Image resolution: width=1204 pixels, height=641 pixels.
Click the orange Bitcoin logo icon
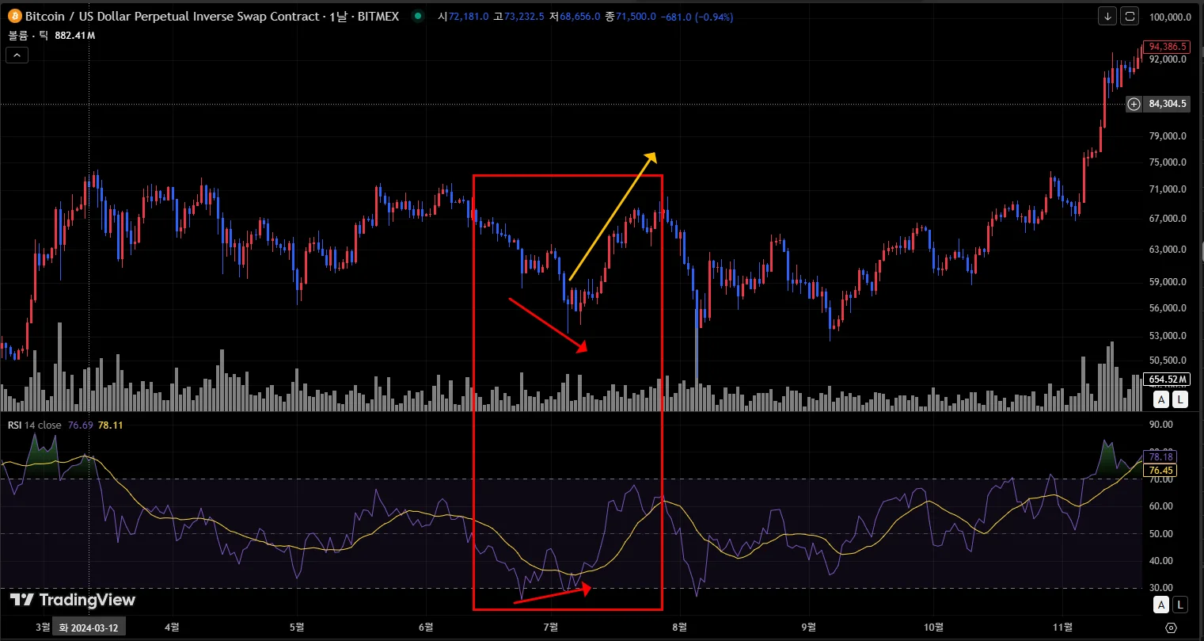14,16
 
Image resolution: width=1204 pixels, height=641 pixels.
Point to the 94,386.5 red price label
1166,47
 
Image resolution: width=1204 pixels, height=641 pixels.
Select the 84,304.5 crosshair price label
1168,104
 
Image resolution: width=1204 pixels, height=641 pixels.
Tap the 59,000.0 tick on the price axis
1167,281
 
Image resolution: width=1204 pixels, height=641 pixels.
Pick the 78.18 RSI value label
1160,457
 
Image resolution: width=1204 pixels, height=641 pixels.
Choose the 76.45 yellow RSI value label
1160,471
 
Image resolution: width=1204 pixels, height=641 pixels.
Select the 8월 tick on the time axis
678,628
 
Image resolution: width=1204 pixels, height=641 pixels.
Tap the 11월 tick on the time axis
1063,628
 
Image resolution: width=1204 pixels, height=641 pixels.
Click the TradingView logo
73,600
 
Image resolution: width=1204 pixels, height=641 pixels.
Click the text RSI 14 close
34,425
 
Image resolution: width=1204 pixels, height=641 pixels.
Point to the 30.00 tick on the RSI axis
1161,588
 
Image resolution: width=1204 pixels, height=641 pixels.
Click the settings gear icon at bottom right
1172,628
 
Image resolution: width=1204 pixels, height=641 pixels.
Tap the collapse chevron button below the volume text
17,55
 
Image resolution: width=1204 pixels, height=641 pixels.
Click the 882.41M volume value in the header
75,36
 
